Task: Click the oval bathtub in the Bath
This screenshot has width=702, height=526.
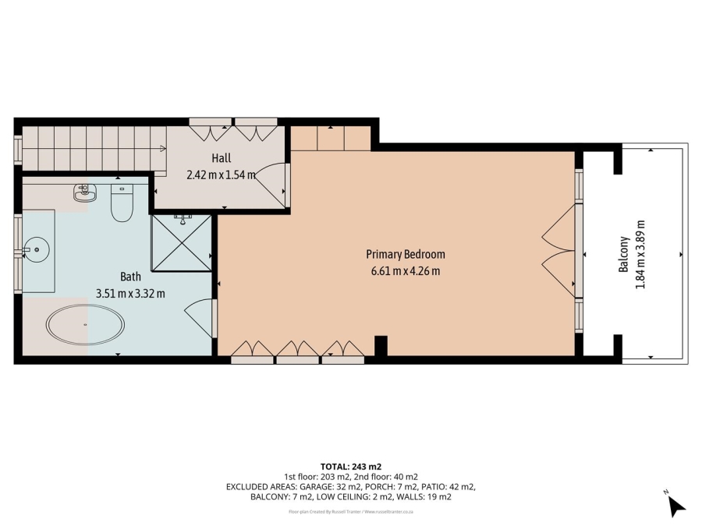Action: coord(85,324)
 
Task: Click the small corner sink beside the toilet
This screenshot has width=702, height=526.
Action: coord(83,192)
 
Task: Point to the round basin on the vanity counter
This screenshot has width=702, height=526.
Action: coord(34,250)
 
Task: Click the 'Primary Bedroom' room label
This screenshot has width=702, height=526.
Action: coord(406,254)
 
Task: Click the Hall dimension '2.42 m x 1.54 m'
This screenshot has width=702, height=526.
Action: coord(222,175)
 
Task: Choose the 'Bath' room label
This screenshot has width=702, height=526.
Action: coord(130,277)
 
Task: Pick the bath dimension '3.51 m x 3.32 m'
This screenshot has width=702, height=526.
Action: coord(130,294)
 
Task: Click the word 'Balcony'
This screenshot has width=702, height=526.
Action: coord(623,254)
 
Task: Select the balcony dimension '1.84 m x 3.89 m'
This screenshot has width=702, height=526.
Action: coord(640,254)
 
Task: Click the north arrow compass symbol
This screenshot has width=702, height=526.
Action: coord(675,506)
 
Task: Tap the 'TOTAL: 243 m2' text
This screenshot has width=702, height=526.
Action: coord(350,466)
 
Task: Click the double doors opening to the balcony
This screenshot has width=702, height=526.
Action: coord(560,253)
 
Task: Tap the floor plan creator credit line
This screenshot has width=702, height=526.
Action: coord(350,512)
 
